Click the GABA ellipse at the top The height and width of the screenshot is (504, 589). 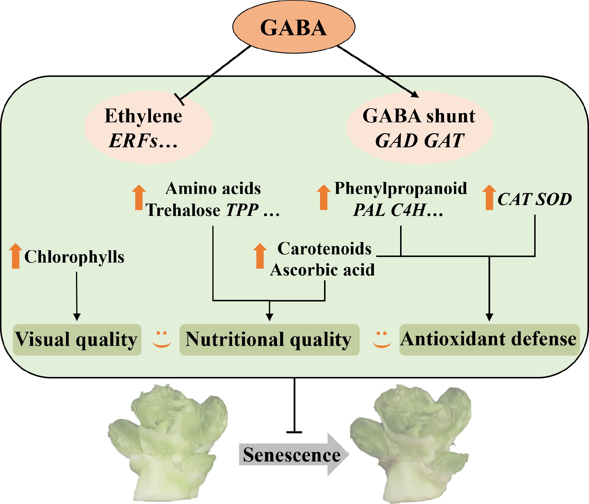click(x=294, y=27)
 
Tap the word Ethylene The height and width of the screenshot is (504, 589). click(x=143, y=116)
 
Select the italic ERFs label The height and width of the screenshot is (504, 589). click(x=133, y=141)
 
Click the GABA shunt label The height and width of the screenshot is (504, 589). click(x=419, y=116)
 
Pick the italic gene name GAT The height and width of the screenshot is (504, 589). click(x=444, y=141)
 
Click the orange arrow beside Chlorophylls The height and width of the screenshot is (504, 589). click(x=16, y=256)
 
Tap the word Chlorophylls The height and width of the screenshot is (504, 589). click(x=74, y=257)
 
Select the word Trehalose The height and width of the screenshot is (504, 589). click(x=183, y=210)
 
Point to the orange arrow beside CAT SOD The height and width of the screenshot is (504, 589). click(x=489, y=197)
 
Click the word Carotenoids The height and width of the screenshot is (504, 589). click(x=324, y=249)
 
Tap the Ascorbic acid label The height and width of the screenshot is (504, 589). click(x=322, y=270)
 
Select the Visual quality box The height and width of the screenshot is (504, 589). click(x=77, y=340)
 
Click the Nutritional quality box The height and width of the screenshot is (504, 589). click(x=269, y=340)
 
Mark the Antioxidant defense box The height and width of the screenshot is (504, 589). click(x=489, y=339)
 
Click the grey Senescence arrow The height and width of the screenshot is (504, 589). click(x=293, y=454)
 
